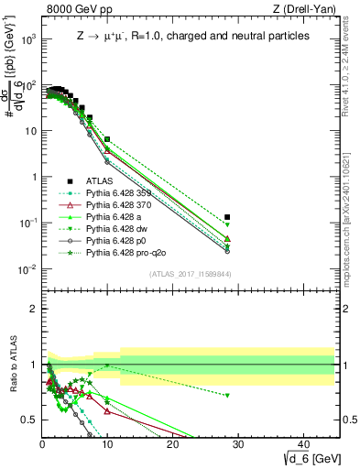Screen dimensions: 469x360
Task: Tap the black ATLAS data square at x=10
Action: tap(107, 139)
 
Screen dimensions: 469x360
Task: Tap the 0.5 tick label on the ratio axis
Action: tap(28, 420)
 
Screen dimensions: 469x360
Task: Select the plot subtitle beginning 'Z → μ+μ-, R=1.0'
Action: tap(192, 36)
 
